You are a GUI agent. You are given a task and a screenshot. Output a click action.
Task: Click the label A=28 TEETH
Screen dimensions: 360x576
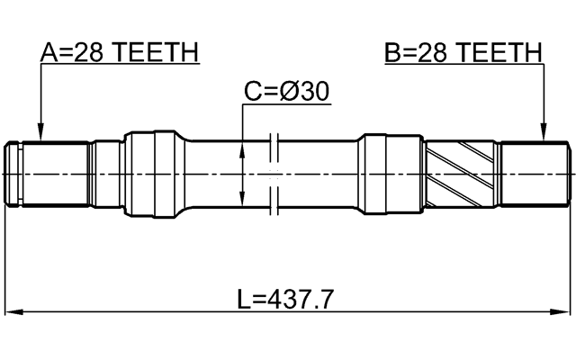(x=119, y=54)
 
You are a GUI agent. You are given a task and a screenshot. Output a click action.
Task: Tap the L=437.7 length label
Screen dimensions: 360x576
(x=286, y=299)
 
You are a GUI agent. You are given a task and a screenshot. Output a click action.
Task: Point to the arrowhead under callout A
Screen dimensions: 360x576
(x=40, y=135)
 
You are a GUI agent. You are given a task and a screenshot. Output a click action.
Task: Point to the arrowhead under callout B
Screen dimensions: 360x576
(x=544, y=135)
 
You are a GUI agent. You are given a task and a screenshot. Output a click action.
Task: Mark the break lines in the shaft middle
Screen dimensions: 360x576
(x=276, y=171)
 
